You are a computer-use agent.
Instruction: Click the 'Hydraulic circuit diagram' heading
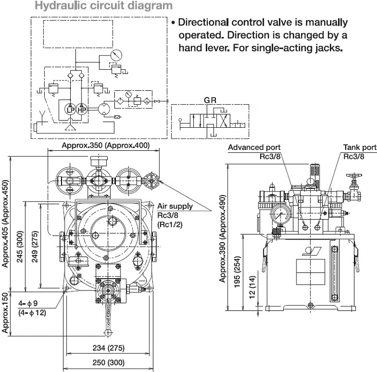[104, 6]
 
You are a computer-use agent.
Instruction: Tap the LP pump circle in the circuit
[70, 110]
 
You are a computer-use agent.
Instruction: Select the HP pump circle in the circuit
[82, 110]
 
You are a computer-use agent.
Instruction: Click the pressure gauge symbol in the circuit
[116, 55]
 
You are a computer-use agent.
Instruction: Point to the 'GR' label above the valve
[210, 100]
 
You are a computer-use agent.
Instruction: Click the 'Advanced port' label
[254, 147]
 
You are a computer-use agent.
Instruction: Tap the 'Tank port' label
[360, 147]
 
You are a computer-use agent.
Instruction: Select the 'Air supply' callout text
[175, 206]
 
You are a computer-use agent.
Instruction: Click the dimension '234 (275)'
[108, 348]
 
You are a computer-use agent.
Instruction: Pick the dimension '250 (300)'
[108, 362]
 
